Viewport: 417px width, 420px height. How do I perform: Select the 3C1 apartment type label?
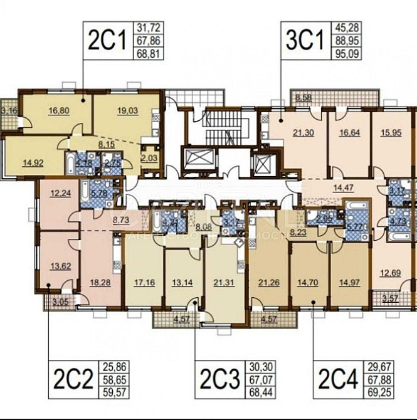click(305, 39)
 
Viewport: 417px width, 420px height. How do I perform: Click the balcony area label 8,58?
click(304, 97)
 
